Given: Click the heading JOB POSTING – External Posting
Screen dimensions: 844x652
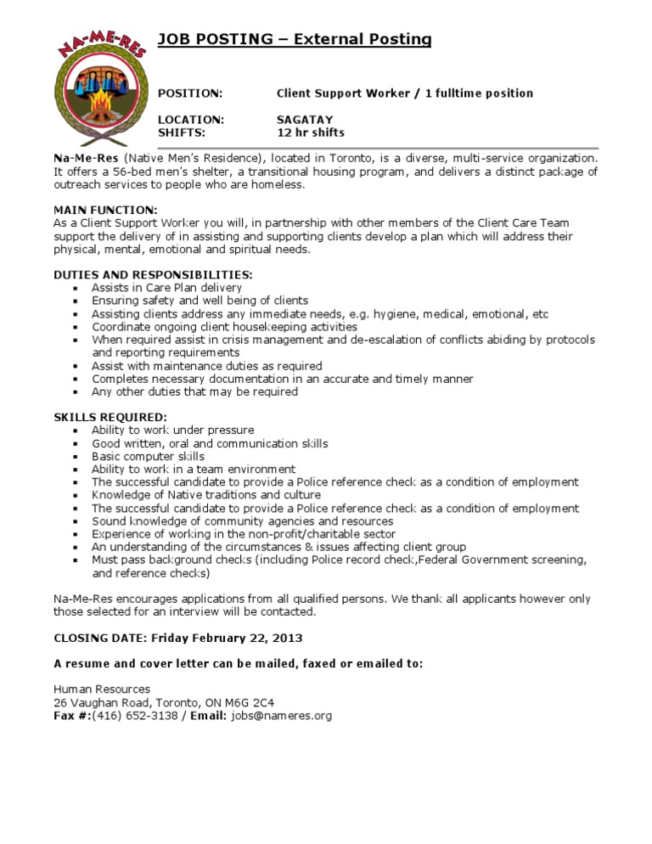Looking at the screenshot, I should pos(295,39).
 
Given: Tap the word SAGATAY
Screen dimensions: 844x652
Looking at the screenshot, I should pos(305,120).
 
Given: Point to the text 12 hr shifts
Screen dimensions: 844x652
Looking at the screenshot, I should pos(311,132).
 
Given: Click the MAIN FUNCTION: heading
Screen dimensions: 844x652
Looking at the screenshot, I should pos(105,209).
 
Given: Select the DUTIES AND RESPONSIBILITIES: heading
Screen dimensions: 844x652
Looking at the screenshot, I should pos(153,274).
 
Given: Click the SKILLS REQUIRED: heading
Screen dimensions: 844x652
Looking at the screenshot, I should pos(110,417).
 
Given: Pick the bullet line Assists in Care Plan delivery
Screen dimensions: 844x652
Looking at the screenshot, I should pos(166,288).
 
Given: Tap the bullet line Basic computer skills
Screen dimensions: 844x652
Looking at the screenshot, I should pos(148,456).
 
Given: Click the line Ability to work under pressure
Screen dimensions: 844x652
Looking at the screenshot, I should pos(172,430).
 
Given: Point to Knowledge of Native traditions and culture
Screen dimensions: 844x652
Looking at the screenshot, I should pos(206,495).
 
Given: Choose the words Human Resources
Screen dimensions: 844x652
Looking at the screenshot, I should pos(102,689).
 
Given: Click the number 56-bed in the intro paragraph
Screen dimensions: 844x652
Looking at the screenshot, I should pos(121,172).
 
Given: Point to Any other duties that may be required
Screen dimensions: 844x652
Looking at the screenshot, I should pos(194,391).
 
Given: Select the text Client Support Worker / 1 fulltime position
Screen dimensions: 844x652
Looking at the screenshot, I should pos(405,93).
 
